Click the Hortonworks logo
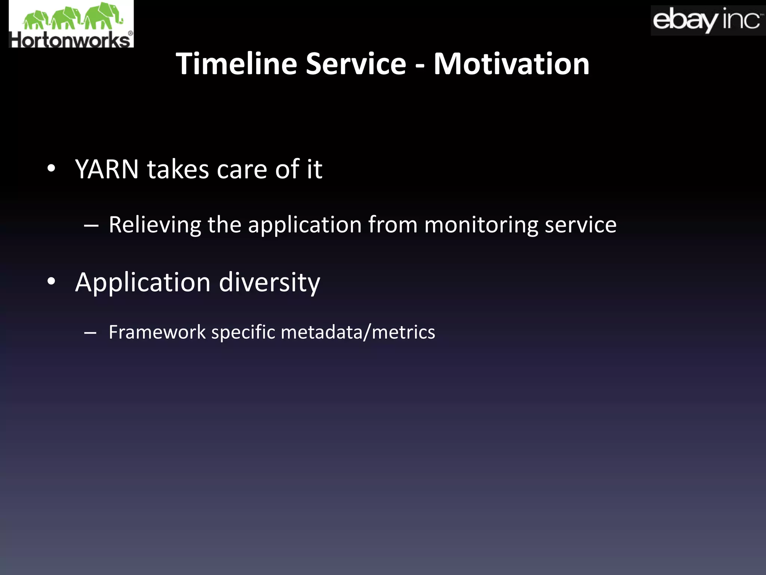point(71,24)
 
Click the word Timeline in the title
point(236,64)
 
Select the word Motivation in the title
point(511,64)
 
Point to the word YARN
point(107,169)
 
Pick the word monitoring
point(481,225)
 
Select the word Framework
point(157,332)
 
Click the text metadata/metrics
point(358,332)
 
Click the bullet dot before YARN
point(51,168)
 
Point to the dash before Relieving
point(91,226)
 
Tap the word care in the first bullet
point(242,170)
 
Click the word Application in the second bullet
point(143,282)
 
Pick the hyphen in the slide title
point(420,66)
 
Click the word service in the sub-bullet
point(580,225)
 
